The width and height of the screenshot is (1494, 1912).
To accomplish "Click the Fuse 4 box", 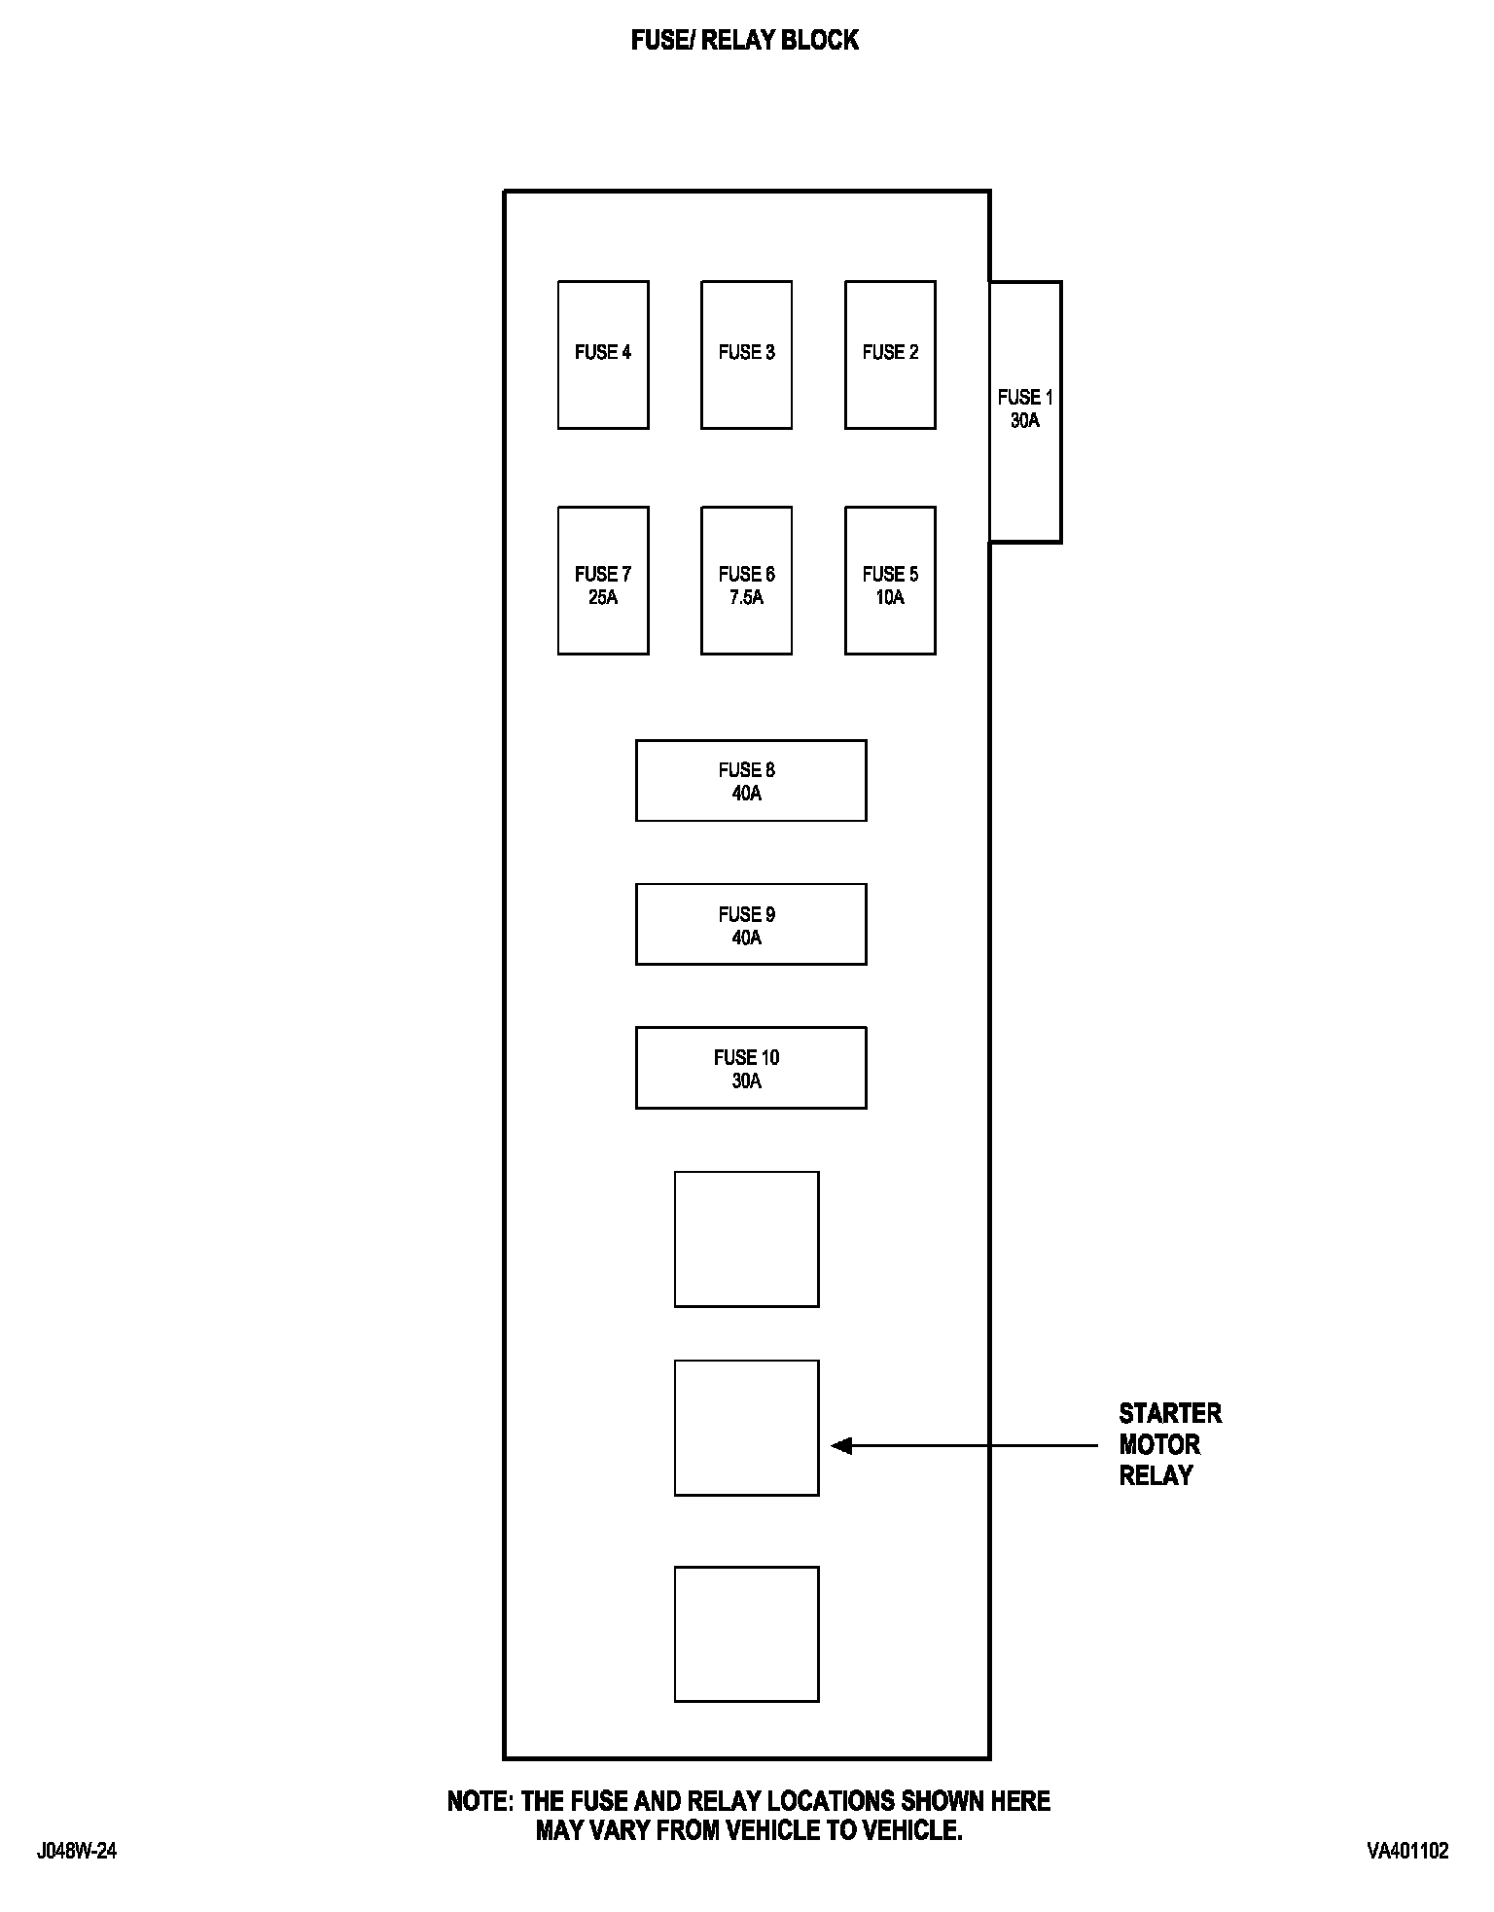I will [603, 355].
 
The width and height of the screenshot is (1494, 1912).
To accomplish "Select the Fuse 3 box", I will [746, 355].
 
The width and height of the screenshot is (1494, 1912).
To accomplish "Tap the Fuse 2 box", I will [890, 355].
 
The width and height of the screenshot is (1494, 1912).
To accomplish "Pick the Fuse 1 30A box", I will [1025, 411].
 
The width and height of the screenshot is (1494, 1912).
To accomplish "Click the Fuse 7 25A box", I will [603, 581].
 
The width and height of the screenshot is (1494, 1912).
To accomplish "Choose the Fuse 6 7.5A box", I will [746, 581].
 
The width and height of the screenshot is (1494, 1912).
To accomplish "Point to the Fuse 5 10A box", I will [890, 581].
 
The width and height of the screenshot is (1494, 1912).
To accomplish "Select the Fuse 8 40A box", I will [751, 781].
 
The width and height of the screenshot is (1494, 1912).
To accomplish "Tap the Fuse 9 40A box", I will [751, 924].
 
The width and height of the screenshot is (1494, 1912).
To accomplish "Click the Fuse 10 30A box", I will [751, 1068].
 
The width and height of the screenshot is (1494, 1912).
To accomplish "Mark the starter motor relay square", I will [746, 1428].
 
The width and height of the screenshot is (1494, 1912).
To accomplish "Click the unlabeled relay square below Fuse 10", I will [746, 1239].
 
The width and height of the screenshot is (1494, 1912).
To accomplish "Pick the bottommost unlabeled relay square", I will [746, 1634].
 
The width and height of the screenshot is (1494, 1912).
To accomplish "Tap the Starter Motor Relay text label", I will [1169, 1444].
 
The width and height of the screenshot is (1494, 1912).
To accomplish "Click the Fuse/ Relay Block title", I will [745, 40].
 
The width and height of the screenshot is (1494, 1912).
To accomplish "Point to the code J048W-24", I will [77, 1851].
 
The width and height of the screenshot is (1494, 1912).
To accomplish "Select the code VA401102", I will [1407, 1851].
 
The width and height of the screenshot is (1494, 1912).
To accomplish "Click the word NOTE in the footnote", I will [480, 1801].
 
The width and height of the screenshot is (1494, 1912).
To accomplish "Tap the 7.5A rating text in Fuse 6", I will [746, 598].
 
